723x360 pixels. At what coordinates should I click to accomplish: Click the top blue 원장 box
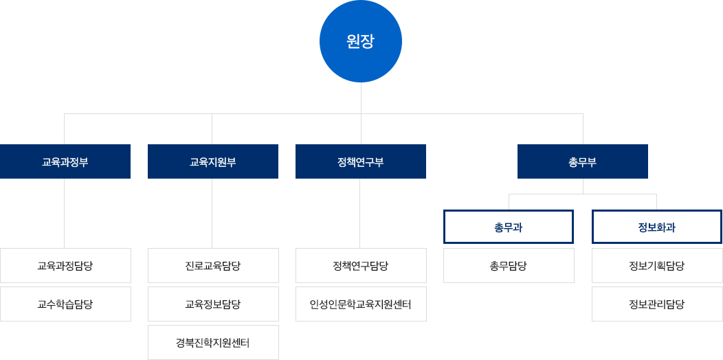[360, 41]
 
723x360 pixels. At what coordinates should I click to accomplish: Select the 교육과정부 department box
[65, 162]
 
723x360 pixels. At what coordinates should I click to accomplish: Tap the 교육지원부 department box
[212, 162]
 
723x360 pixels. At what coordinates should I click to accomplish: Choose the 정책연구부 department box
[360, 162]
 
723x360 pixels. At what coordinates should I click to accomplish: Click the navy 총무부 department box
[582, 162]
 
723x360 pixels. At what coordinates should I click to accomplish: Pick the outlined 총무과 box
[509, 227]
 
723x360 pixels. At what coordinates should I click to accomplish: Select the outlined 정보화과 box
[657, 227]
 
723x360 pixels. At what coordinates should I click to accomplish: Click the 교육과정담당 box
[65, 266]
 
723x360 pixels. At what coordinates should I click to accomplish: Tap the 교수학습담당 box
[65, 304]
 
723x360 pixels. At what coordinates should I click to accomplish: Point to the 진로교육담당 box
[213, 266]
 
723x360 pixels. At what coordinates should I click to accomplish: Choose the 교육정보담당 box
[213, 304]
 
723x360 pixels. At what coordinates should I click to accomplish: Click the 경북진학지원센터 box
[213, 342]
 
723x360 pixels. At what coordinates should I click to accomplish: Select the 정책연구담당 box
[361, 266]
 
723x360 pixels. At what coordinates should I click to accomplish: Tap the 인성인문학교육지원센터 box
[361, 304]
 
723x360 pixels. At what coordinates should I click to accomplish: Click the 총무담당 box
[509, 266]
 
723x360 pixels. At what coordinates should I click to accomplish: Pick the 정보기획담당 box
[657, 266]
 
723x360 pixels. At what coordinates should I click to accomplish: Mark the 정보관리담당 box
[657, 304]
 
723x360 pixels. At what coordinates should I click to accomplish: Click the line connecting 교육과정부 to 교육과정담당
[65, 213]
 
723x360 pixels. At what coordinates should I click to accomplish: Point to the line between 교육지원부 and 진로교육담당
[212, 213]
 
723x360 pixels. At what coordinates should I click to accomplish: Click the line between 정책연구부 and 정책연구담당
[359, 213]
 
